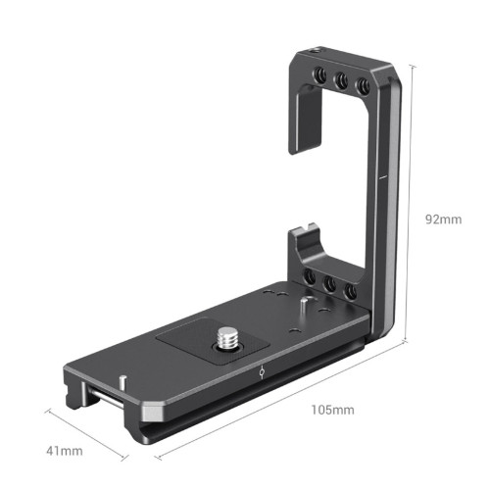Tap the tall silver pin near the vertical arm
point(303,305)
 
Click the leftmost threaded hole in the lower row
point(309,280)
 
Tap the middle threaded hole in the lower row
point(328,286)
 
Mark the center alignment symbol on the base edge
point(261,373)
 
